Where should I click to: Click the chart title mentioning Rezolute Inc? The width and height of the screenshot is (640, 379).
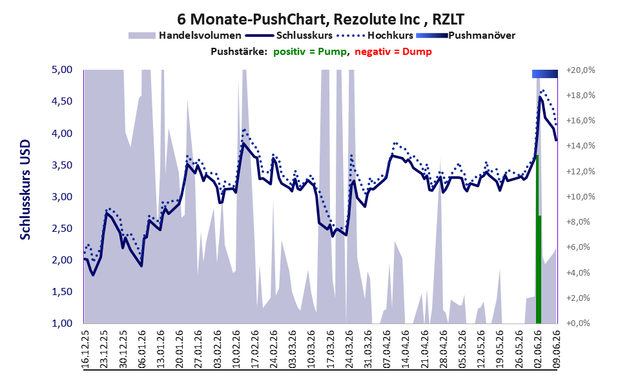[x=320, y=19]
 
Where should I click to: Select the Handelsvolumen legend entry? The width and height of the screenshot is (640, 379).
[x=185, y=36]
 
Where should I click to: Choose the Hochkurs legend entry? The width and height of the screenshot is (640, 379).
[x=375, y=36]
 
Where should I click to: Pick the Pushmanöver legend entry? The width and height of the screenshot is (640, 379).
[x=466, y=36]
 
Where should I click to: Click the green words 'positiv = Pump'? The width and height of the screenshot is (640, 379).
[x=311, y=52]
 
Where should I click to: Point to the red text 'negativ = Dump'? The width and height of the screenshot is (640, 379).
[x=393, y=52]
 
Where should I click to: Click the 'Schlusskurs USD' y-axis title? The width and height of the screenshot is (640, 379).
[x=25, y=190]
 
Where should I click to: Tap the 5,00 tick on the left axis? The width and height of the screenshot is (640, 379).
[x=62, y=70]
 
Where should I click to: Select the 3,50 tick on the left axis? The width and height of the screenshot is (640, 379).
[x=62, y=165]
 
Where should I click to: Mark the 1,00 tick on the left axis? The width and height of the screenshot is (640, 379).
[x=62, y=323]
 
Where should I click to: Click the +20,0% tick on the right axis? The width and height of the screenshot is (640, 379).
[x=581, y=70]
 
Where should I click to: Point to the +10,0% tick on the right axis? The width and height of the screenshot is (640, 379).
[x=581, y=197]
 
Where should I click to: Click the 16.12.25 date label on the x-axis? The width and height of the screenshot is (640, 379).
[x=86, y=347]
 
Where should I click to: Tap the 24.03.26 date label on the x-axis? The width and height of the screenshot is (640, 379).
[x=348, y=347]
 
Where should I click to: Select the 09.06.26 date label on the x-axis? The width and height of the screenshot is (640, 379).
[x=556, y=347]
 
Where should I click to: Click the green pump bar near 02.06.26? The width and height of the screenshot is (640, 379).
[x=539, y=240]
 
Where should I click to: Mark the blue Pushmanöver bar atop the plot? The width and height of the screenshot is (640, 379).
[x=545, y=74]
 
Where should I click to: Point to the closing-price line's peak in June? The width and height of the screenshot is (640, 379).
[x=540, y=97]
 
